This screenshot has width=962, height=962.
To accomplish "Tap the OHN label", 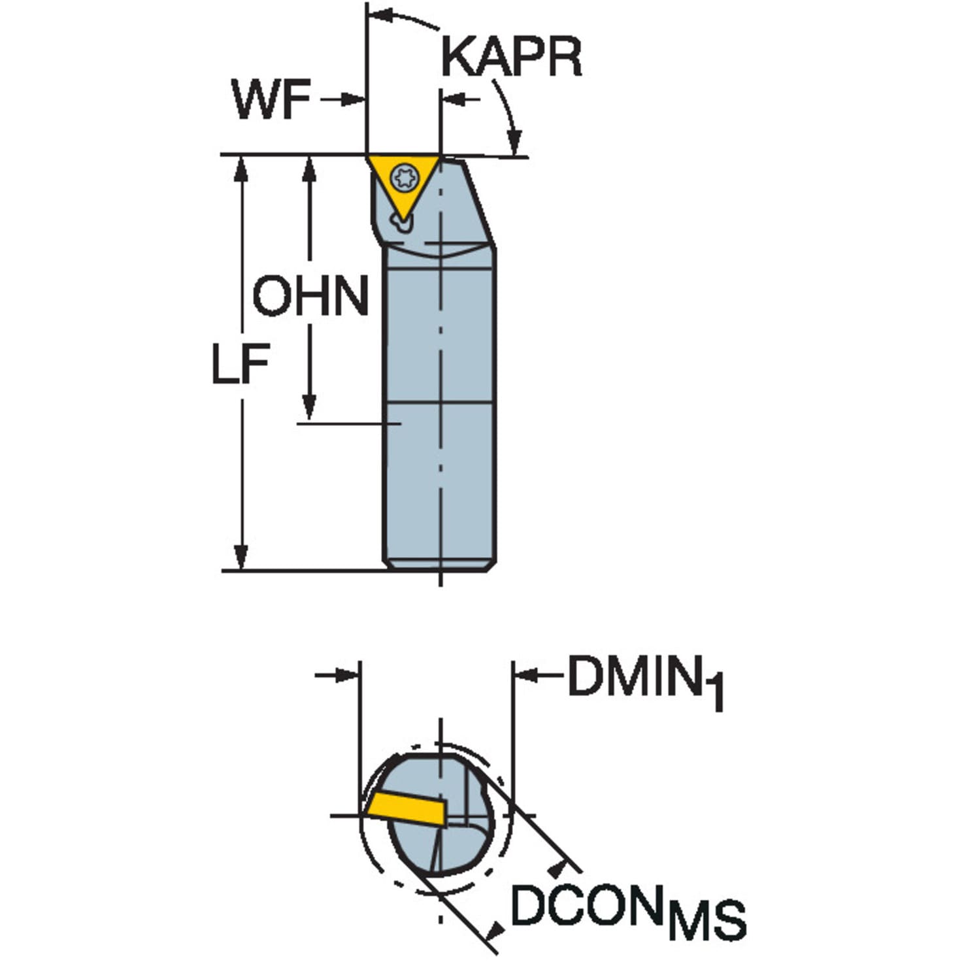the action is pyautogui.click(x=310, y=296).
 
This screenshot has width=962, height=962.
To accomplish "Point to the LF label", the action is pyautogui.click(x=241, y=363).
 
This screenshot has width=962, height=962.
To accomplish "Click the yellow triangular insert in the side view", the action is pyautogui.click(x=403, y=188).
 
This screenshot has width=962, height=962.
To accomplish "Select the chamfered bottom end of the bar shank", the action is pyautogui.click(x=440, y=565).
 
